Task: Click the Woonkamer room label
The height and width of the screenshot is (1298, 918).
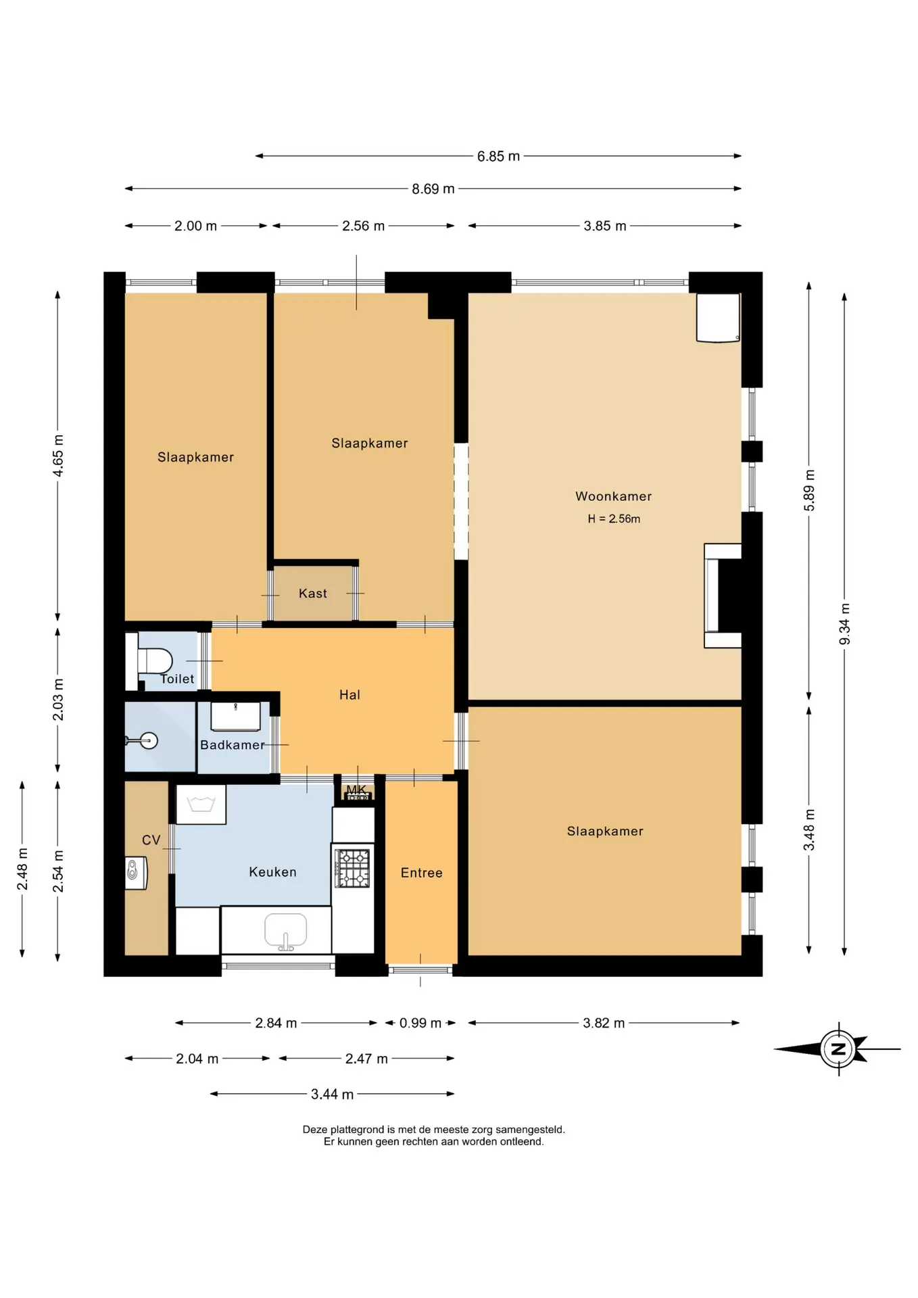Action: (613, 496)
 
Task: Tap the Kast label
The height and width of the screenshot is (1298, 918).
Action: (313, 594)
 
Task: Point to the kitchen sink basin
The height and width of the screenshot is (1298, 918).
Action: (285, 931)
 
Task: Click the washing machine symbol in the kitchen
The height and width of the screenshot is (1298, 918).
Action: (201, 804)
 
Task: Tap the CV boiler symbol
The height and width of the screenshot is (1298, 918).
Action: (136, 873)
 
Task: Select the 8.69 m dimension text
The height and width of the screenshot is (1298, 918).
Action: (433, 189)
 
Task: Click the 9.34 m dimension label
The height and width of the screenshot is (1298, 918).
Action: (845, 624)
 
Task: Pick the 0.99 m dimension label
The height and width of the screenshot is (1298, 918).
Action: (420, 1023)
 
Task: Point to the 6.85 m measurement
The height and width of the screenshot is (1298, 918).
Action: (498, 156)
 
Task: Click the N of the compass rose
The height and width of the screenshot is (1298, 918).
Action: (838, 1049)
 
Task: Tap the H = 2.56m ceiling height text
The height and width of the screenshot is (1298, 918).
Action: (614, 519)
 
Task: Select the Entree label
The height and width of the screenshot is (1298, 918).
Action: (422, 873)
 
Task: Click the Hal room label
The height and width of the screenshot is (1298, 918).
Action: (349, 695)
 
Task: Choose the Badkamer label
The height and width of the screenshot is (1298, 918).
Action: (233, 745)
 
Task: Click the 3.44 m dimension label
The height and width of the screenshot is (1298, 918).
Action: (332, 1094)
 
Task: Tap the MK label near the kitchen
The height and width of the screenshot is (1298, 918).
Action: (356, 790)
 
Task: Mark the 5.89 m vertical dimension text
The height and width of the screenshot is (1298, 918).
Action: (810, 491)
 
